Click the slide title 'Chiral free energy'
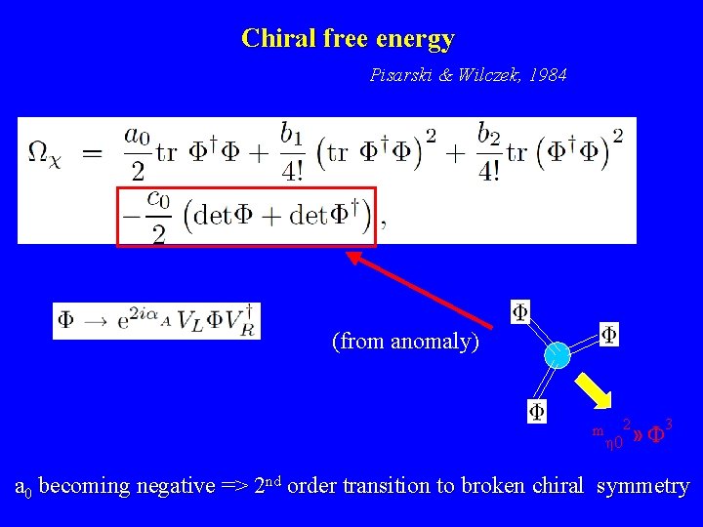[348, 39]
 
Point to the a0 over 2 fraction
[137, 155]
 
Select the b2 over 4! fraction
[490, 155]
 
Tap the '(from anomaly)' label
[405, 342]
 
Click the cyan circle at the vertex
[557, 355]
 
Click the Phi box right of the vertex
[608, 335]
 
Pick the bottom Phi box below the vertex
[537, 411]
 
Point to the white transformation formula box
[156, 321]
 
